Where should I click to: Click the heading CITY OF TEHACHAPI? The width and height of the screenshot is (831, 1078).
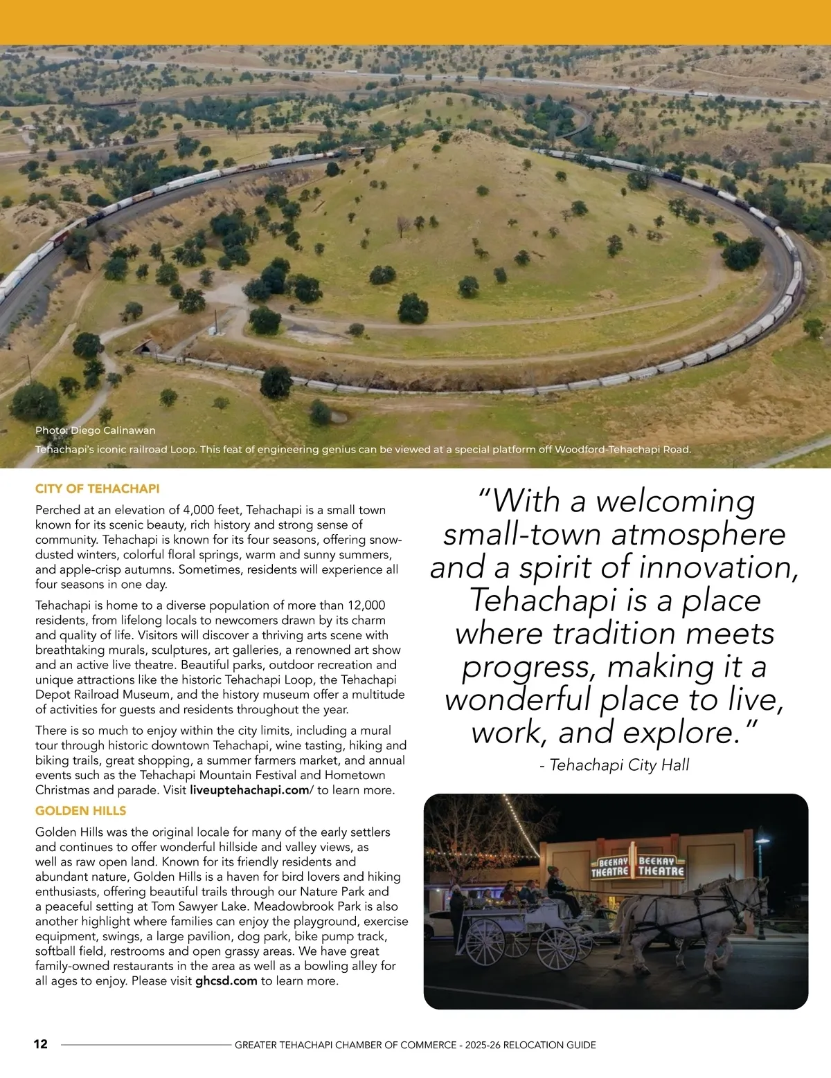97,488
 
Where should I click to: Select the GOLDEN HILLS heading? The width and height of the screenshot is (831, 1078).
80,810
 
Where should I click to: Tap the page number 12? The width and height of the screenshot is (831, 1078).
41,1044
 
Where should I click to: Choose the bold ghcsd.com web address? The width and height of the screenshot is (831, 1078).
226,980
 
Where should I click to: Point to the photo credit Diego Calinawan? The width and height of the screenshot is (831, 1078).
96,430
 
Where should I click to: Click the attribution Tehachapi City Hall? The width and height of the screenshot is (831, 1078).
614,765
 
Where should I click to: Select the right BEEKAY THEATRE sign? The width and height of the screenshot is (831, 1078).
661,866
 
